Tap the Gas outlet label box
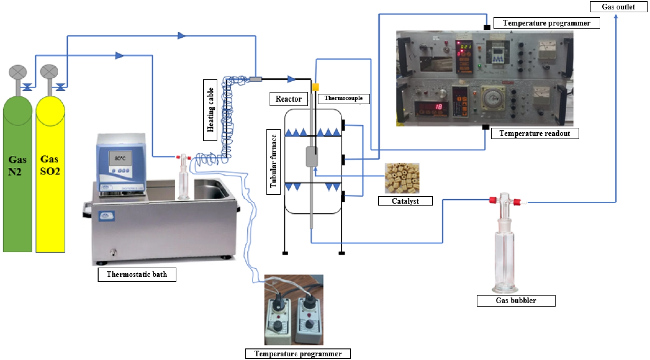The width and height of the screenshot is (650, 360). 618,7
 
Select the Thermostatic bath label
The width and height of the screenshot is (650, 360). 137,274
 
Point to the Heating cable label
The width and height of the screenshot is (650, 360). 210,110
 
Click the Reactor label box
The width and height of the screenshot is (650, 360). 288,99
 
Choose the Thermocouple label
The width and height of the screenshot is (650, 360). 343,98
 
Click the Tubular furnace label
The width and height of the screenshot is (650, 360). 274,162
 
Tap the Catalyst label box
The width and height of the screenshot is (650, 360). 405,201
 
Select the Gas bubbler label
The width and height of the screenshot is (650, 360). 516,300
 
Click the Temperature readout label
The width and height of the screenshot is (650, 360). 535,133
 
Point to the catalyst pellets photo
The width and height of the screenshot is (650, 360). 402,178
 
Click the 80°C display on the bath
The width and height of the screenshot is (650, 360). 120,158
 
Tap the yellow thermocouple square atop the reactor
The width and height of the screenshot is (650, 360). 315,87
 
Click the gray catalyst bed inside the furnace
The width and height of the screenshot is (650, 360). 311,157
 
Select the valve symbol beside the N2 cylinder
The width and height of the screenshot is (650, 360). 27,87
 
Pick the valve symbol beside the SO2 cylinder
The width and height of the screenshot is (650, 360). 60,87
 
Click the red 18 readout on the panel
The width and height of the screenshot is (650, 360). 438,107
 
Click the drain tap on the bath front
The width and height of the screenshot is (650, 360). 113,252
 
